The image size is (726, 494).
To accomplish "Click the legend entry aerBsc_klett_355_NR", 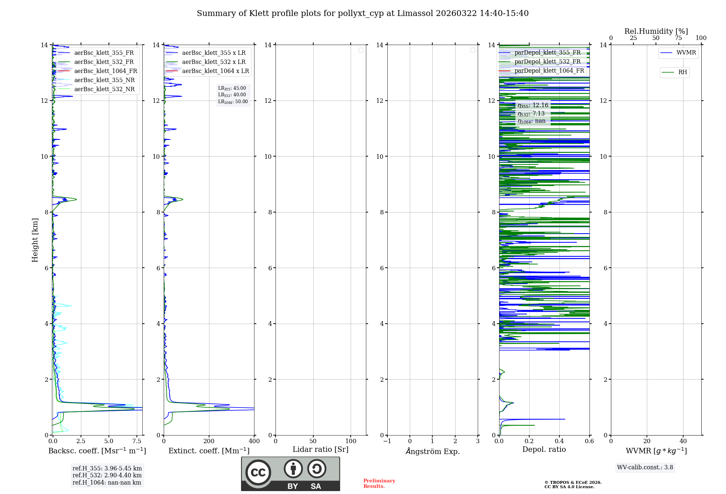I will [x=104, y=80].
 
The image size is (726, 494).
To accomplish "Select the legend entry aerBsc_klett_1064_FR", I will [x=105, y=71].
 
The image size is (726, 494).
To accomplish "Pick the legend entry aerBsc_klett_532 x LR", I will [x=213, y=62].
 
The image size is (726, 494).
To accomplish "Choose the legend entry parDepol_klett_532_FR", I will [x=547, y=62].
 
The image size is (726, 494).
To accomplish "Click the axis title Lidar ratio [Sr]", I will [x=320, y=450].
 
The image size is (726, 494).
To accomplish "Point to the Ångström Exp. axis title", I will [x=432, y=451].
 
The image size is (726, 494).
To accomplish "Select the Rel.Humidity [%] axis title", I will [x=656, y=31].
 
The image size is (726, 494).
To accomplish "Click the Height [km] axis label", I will [x=35, y=240].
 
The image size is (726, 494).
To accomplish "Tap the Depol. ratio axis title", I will [x=544, y=450].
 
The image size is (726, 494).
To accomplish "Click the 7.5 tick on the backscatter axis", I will [x=137, y=441].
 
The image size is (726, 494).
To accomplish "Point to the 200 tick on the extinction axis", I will [x=209, y=441].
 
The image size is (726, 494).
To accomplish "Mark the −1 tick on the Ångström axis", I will [x=387, y=441].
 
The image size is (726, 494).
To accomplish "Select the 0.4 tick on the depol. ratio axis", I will [x=559, y=441].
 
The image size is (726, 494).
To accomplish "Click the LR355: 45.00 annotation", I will [x=232, y=88].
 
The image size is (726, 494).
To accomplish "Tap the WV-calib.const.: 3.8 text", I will [x=645, y=467].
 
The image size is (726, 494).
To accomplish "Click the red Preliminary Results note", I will [x=379, y=483].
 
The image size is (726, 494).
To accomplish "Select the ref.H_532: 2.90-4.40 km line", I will [x=107, y=475].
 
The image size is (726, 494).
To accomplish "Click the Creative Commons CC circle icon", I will [x=258, y=473].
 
